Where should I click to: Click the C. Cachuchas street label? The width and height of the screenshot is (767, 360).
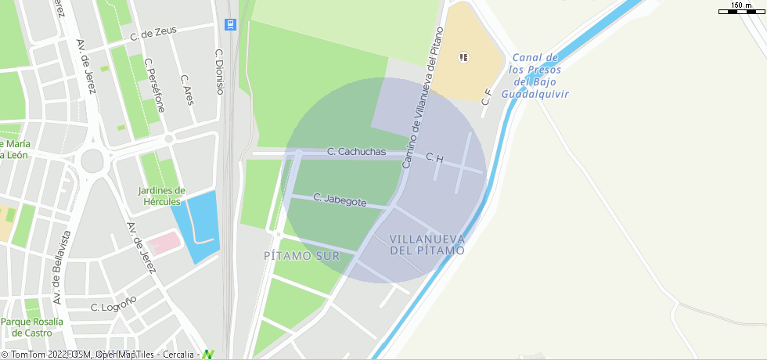tap(356, 152)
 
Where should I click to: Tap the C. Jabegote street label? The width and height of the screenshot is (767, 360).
tap(340, 200)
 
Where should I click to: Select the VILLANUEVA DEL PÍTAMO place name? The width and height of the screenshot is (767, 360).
tap(427, 244)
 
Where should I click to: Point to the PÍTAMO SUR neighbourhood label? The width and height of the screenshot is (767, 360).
tap(301, 256)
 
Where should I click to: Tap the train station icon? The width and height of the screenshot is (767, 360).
tap(230, 24)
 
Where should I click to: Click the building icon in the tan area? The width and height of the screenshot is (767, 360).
tap(464, 56)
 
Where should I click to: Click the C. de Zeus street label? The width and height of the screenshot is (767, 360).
tap(153, 33)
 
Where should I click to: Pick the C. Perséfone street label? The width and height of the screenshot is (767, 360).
tap(154, 85)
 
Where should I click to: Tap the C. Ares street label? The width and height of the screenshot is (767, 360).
tap(187, 89)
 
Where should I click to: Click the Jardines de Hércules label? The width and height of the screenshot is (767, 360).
tap(161, 196)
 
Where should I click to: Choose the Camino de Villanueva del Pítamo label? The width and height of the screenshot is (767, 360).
tap(423, 98)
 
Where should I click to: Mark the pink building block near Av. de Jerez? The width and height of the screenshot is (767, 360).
tap(164, 243)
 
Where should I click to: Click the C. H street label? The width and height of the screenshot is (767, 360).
tap(434, 159)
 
